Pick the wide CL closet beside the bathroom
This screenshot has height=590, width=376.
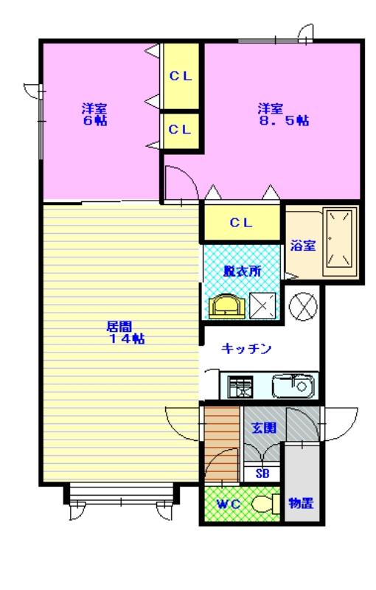tap(241, 222)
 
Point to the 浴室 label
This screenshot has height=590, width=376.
tap(302, 246)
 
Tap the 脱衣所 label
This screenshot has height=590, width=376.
tap(242, 271)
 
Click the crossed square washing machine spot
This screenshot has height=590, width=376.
tap(263, 305)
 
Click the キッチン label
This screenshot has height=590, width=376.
tap(248, 349)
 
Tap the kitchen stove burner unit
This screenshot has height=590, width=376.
tap(240, 386)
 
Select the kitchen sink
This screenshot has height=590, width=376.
tap(293, 386)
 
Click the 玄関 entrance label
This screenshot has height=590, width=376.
tap(262, 426)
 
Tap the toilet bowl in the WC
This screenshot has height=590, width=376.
tap(261, 504)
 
